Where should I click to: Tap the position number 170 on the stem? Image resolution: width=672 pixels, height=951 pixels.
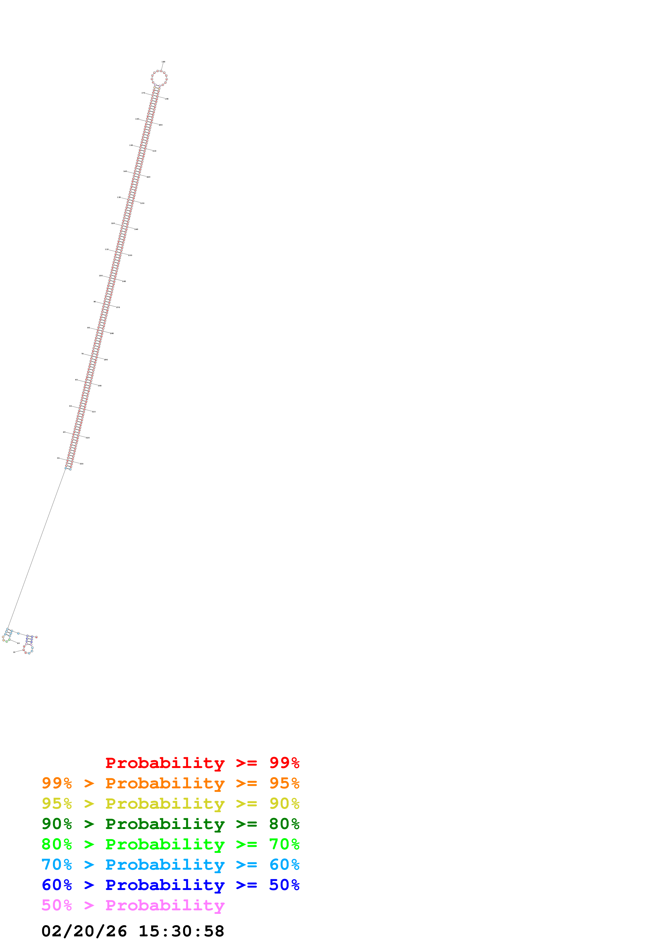pyautogui.click(x=143, y=93)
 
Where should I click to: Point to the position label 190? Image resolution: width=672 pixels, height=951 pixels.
pyautogui.click(x=167, y=99)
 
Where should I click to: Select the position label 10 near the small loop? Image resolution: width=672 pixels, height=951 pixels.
pyautogui.click(x=14, y=652)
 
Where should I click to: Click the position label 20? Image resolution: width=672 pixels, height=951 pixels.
pyautogui.click(x=18, y=643)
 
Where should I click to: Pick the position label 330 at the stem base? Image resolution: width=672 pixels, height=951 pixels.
pyautogui.click(x=82, y=464)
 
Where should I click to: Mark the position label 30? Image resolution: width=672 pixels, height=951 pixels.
pyautogui.click(x=58, y=458)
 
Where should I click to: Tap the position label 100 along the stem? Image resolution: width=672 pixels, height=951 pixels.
pyautogui.click(x=101, y=275)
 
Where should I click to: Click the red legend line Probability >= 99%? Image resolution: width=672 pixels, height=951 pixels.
pyautogui.click(x=202, y=763)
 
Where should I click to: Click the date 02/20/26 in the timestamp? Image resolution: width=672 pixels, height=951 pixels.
pyautogui.click(x=84, y=931)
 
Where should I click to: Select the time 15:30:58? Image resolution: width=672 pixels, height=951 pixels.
pyautogui.click(x=181, y=931)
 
